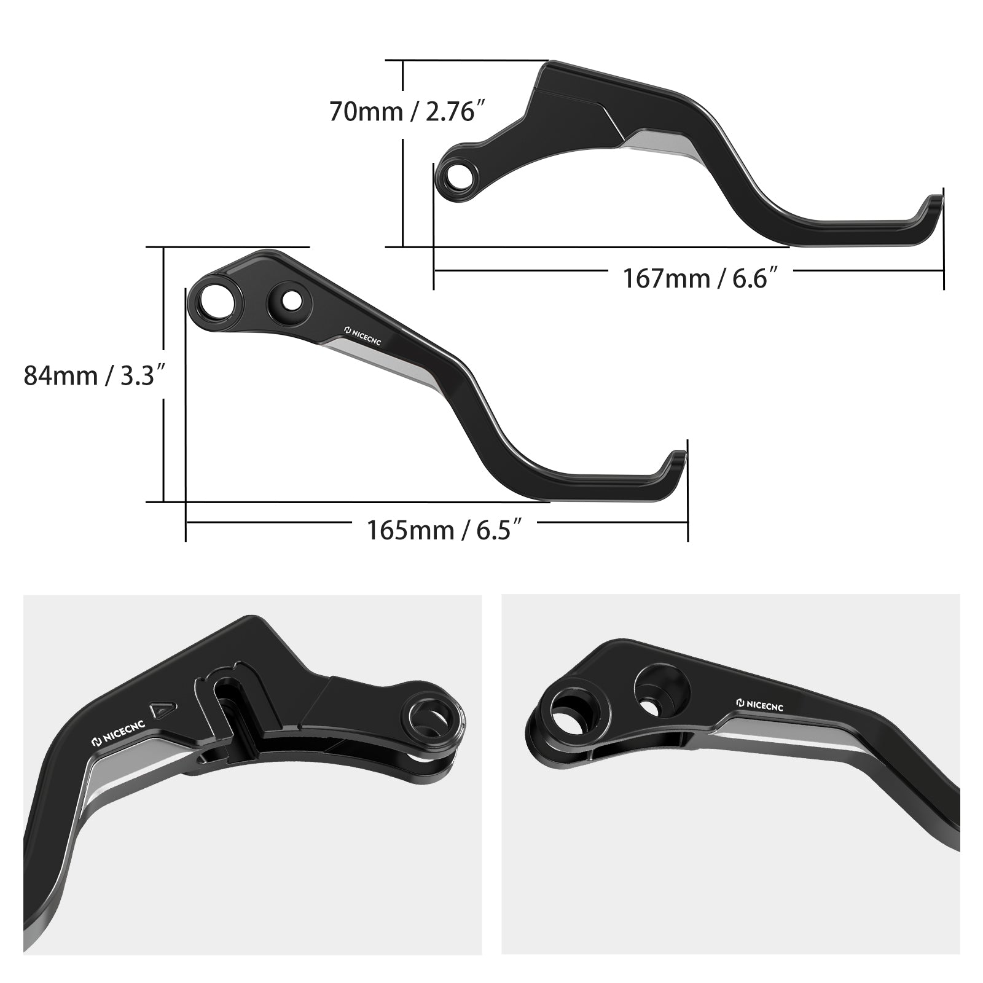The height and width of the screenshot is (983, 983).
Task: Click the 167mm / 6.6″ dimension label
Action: coord(705,278)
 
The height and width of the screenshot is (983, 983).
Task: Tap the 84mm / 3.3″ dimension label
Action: coord(95,375)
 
